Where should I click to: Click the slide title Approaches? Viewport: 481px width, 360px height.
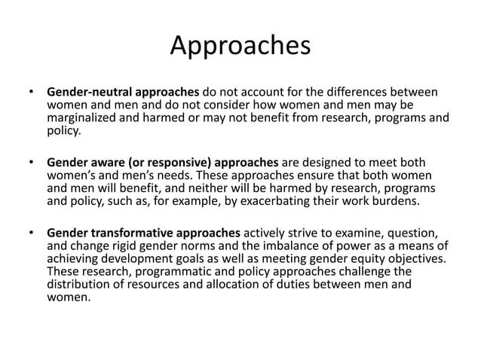point(240,45)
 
